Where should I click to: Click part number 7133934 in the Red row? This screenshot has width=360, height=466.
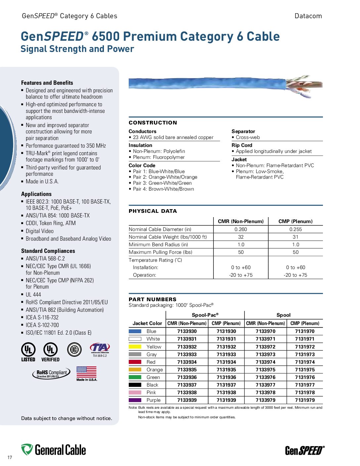click(x=187, y=362)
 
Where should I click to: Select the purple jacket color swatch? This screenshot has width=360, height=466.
click(x=135, y=400)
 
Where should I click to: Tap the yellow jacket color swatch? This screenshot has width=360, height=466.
click(x=135, y=347)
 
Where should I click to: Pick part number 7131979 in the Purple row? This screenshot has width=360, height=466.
click(x=305, y=400)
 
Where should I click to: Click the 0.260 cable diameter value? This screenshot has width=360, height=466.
click(x=241, y=229)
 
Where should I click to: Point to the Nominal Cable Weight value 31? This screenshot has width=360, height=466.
click(x=295, y=237)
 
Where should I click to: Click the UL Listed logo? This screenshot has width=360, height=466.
click(x=28, y=352)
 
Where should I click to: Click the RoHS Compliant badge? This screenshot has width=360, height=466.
click(x=51, y=373)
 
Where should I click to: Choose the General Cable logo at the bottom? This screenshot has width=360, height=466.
click(x=54, y=450)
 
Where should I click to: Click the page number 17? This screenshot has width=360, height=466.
click(x=10, y=457)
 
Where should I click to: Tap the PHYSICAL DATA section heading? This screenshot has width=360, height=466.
click(x=153, y=211)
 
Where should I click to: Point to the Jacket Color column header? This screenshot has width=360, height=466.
click(x=147, y=323)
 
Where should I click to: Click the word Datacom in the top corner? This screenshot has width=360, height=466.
click(x=308, y=16)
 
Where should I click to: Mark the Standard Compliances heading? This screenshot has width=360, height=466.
click(x=48, y=251)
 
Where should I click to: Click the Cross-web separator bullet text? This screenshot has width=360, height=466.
click(x=247, y=137)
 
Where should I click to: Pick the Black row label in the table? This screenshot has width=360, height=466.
click(x=152, y=385)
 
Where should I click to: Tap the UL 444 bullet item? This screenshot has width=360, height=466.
click(x=33, y=295)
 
